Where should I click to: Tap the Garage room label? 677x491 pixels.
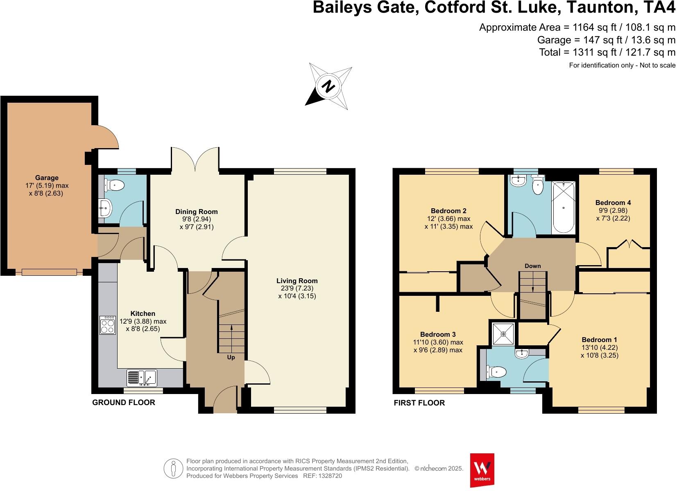(47, 178)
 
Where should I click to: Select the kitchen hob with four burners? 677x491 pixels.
(108, 325)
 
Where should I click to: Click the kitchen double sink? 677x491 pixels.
(142, 378)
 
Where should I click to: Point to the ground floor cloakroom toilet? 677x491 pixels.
(114, 185)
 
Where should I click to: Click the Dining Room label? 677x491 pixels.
(197, 212)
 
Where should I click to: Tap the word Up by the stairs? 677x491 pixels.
(231, 357)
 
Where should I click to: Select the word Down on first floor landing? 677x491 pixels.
(532, 266)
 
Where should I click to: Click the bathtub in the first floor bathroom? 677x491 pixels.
(564, 208)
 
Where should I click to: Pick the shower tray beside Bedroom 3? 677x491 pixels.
(503, 333)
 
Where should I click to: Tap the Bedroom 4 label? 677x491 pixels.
(613, 203)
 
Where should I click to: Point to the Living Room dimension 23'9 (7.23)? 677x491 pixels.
(297, 288)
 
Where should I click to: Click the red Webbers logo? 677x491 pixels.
(482, 470)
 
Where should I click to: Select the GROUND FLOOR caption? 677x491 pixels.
(124, 403)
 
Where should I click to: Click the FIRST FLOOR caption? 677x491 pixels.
(419, 403)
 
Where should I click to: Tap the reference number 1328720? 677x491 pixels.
(328, 476)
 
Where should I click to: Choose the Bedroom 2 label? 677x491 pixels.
(448, 211)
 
